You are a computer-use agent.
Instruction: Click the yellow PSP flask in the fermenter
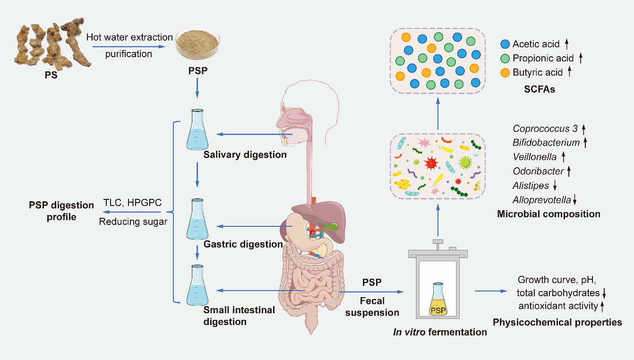coord(437,300)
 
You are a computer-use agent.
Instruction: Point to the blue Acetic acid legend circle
coord(505,44)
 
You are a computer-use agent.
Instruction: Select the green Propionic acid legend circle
coord(505,59)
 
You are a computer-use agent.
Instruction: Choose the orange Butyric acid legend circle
coord(505,72)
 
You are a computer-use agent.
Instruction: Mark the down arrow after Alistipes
coord(555,186)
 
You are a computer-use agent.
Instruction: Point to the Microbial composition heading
coord(548,214)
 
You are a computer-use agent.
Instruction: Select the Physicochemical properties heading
coord(557,323)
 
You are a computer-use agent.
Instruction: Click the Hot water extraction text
coord(129,37)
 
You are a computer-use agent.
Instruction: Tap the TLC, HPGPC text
coord(132,204)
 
